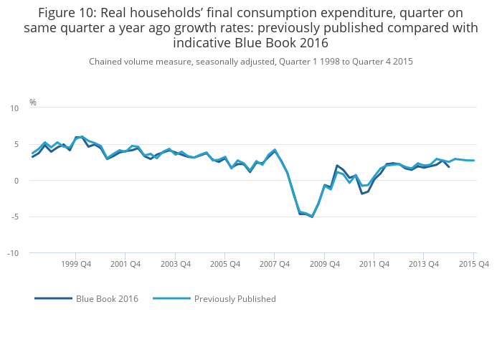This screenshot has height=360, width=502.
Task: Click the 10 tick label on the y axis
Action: click(x=14, y=108)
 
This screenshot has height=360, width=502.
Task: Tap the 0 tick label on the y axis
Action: click(x=16, y=181)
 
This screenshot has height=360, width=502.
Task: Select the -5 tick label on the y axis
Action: click(x=14, y=217)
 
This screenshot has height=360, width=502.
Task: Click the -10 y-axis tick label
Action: click(x=13, y=253)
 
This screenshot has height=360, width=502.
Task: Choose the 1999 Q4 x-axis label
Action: click(x=76, y=264)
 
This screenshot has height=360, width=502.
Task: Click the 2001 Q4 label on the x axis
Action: click(x=126, y=264)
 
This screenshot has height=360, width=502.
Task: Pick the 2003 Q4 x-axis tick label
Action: click(x=175, y=264)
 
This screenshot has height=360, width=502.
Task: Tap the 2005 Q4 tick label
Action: click(x=224, y=264)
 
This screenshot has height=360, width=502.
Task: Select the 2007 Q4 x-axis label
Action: click(x=275, y=264)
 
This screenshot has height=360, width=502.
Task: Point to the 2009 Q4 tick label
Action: click(x=324, y=264)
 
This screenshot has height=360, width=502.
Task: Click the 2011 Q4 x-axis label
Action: click(x=374, y=264)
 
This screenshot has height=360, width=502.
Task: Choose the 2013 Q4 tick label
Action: click(x=424, y=264)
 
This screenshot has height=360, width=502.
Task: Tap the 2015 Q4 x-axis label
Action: click(x=474, y=264)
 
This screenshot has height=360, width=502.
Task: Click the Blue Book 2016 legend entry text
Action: click(x=107, y=299)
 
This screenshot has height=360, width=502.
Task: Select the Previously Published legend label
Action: click(x=235, y=299)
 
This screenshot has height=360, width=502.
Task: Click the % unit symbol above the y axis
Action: click(x=33, y=103)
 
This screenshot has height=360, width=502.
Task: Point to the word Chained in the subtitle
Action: click(x=106, y=62)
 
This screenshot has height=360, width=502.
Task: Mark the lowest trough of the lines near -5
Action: click(x=312, y=217)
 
